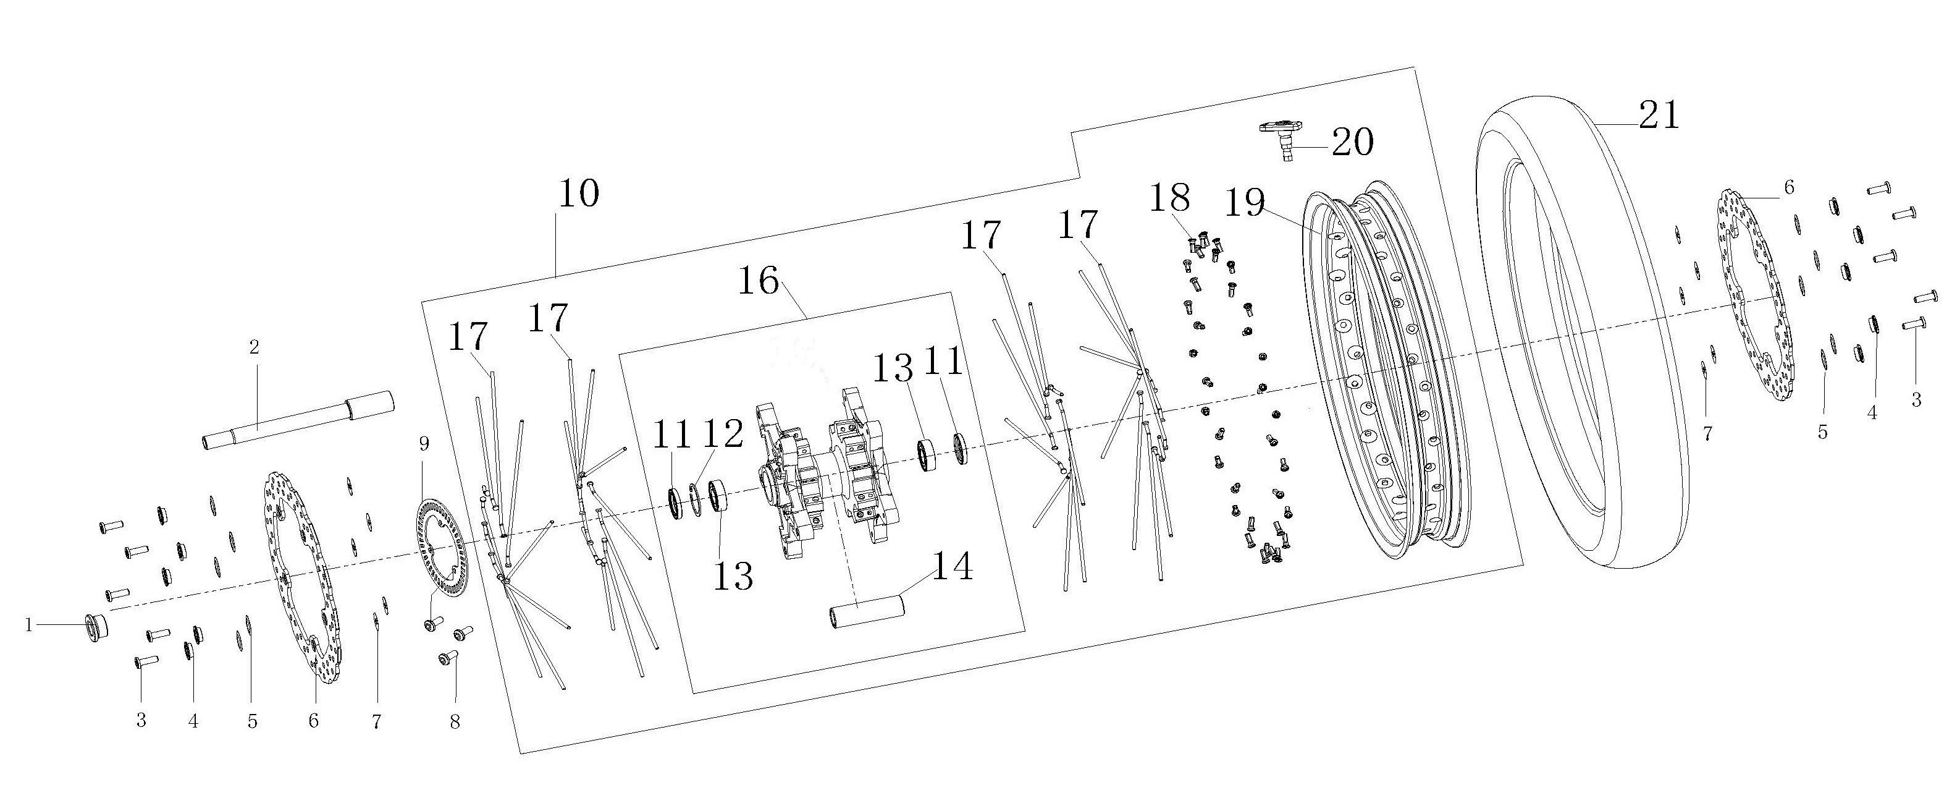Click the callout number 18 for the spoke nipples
1170,198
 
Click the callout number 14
953,566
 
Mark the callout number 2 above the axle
254,347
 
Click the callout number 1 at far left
29,626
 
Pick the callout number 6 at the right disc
1789,187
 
